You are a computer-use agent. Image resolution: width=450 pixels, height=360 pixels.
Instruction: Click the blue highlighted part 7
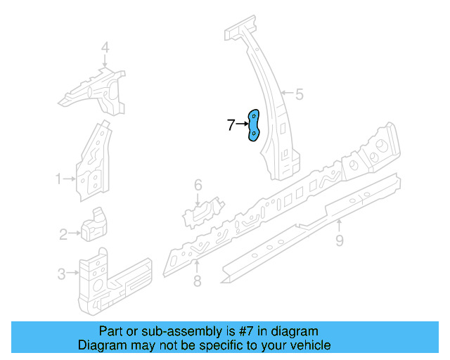pyautogui.click(x=254, y=125)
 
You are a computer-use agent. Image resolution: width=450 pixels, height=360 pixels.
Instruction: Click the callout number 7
pyautogui.click(x=231, y=125)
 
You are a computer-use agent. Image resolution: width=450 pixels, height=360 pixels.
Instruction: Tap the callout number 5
pyautogui.click(x=299, y=94)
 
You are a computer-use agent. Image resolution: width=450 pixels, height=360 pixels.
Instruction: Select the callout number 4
pyautogui.click(x=105, y=48)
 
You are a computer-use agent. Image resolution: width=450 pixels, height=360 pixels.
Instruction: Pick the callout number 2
pyautogui.click(x=63, y=234)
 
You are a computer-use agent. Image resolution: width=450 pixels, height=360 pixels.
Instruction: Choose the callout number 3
pyautogui.click(x=61, y=274)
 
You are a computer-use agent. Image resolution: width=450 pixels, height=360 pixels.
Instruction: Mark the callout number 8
pyautogui.click(x=197, y=281)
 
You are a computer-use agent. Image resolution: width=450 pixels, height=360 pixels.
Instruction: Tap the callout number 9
pyautogui.click(x=340, y=241)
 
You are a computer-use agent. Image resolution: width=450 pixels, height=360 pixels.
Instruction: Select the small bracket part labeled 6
pyautogui.click(x=203, y=210)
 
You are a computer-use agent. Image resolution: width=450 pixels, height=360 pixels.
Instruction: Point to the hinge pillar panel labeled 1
pyautogui.click(x=92, y=162)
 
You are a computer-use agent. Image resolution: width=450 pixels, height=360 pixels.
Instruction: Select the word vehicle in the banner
pyautogui.click(x=308, y=345)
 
